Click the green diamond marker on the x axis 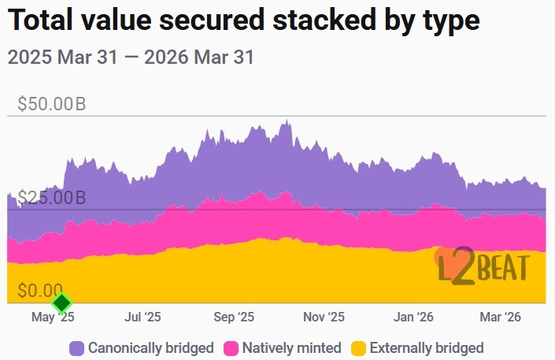61,302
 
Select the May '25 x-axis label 53,317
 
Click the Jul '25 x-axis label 142,317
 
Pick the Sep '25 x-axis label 234,317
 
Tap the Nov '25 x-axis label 324,317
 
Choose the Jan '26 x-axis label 414,317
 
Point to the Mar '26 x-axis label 501,317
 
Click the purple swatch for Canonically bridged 77,347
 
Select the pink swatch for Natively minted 231,347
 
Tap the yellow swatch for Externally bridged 358,347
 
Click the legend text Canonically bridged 150,347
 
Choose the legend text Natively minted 291,347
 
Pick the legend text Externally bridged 426,347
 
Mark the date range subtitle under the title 130,58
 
